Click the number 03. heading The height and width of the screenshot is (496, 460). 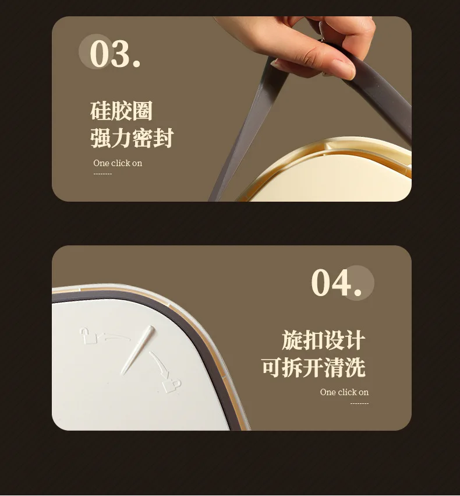[115, 53]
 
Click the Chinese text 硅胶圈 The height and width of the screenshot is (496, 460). [121, 111]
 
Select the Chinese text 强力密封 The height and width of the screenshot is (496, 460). [132, 138]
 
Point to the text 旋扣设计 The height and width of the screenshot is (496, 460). [324, 340]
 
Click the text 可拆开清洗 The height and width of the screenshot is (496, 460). [313, 367]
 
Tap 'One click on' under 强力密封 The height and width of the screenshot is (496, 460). [118, 163]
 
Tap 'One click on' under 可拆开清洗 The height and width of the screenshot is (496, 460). [344, 392]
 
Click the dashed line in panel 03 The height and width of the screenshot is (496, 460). [102, 174]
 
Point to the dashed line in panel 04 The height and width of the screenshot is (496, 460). [359, 403]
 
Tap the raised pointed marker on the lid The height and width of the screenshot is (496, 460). [138, 350]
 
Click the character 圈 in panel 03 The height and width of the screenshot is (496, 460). [143, 111]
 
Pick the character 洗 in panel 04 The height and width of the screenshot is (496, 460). [355, 367]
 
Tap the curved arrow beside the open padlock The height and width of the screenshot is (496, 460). [114, 337]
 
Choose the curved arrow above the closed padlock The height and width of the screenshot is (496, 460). [160, 364]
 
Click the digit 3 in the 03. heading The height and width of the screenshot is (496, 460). [121, 53]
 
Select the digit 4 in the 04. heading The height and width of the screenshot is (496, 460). [342, 283]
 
